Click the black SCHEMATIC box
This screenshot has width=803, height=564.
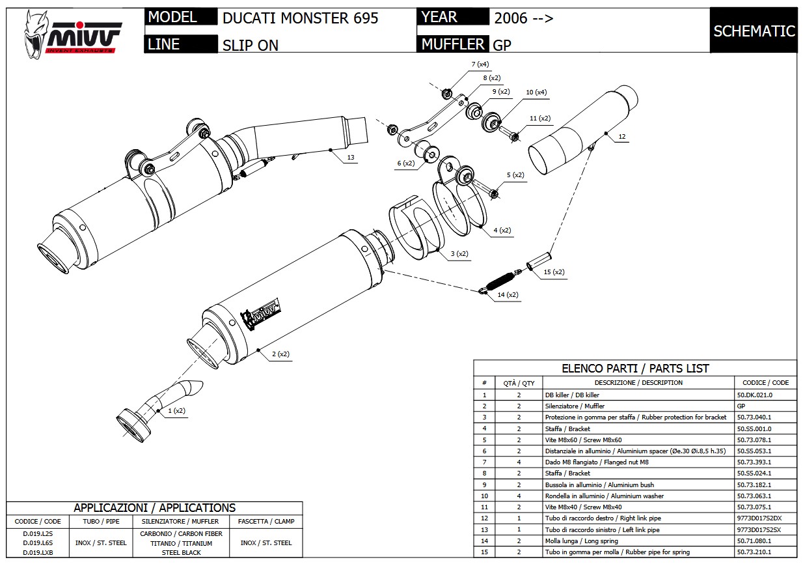(x=754, y=31)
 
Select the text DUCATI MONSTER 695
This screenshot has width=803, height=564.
(x=300, y=18)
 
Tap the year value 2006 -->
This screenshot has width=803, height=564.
(x=523, y=18)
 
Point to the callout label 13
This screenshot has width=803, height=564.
(x=351, y=158)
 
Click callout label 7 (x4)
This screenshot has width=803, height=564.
(x=480, y=64)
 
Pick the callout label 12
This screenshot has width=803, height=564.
(x=622, y=137)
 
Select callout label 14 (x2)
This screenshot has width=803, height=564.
(x=508, y=295)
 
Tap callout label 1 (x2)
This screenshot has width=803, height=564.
(x=176, y=411)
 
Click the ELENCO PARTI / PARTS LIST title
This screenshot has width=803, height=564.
(x=635, y=369)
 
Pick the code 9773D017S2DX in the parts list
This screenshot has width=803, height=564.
(x=759, y=518)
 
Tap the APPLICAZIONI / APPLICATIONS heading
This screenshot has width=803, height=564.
(x=154, y=508)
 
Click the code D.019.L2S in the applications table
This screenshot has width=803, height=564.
(x=37, y=533)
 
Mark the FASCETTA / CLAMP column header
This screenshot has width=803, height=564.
(x=266, y=521)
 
